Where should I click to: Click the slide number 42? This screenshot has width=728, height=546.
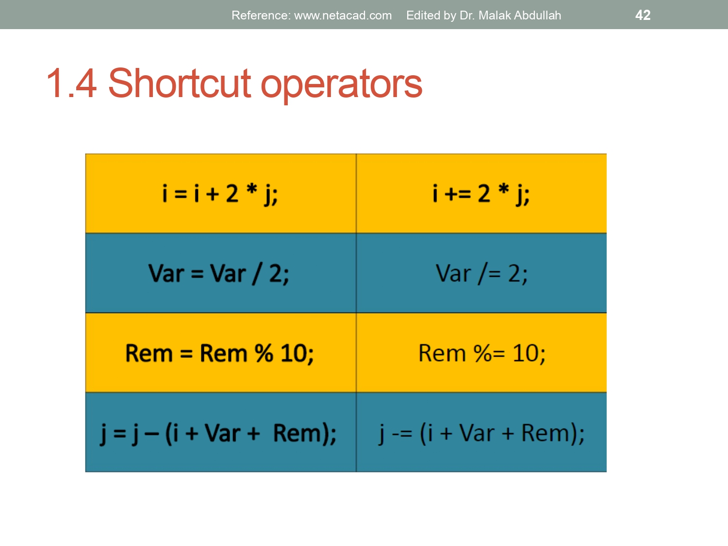(x=643, y=15)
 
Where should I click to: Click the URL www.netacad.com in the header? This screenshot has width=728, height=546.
(x=343, y=16)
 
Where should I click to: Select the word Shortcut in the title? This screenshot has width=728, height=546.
(x=180, y=83)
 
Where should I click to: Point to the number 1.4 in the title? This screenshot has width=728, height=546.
(x=72, y=83)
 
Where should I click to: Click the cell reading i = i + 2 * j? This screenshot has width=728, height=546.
(x=220, y=194)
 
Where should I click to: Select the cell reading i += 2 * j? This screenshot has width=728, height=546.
(x=481, y=194)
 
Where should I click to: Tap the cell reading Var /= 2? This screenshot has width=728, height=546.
(x=481, y=273)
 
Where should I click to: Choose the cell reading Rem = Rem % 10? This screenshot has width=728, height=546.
(x=220, y=353)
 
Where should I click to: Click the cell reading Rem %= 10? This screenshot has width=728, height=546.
(x=481, y=353)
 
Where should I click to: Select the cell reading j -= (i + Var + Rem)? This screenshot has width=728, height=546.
(x=481, y=433)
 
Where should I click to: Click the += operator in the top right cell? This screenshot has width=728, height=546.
(x=458, y=194)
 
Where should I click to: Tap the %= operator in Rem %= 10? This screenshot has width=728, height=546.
(x=489, y=353)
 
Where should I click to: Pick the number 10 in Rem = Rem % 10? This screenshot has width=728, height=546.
(x=294, y=353)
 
